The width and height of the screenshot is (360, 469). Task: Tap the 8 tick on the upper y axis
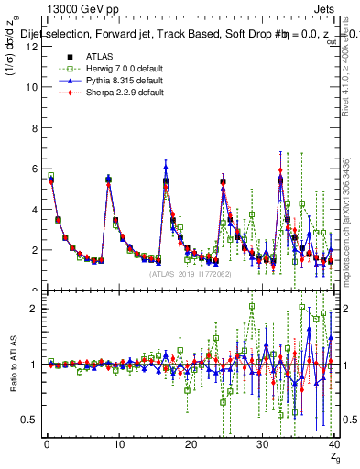33,127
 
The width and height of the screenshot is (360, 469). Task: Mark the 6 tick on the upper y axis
33,168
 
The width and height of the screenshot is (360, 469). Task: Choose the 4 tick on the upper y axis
33,209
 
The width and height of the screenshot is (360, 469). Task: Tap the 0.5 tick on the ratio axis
29,420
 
